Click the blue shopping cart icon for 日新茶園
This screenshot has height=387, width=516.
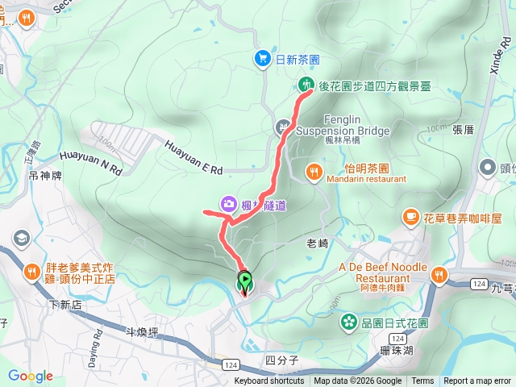coord(263,59)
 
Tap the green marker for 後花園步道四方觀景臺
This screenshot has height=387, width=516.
coord(306,85)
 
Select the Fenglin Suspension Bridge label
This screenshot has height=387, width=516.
coord(343,125)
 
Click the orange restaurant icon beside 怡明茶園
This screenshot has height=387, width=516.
coord(314,171)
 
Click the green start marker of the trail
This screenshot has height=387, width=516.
coord(244,282)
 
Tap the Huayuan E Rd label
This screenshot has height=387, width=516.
coord(193,158)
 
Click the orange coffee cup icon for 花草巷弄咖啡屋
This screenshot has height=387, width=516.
coord(410,217)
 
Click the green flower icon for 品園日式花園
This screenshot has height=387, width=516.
coord(348,322)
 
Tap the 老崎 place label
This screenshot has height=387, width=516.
coord(318,241)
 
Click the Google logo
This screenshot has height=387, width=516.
coord(31,376)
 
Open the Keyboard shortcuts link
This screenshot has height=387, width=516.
coord(269,381)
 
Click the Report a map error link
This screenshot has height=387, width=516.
coord(476,381)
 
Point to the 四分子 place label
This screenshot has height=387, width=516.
coord(281,360)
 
